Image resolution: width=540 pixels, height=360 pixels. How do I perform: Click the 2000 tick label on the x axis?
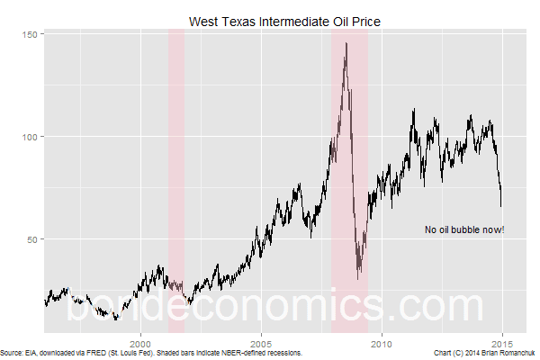click(x=140, y=342)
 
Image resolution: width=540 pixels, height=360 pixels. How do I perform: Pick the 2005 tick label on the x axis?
click(x=261, y=342)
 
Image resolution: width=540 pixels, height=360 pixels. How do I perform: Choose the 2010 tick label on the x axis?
click(x=382, y=342)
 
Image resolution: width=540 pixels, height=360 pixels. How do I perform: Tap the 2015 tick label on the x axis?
click(x=502, y=342)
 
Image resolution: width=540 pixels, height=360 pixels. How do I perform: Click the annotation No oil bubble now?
click(x=464, y=229)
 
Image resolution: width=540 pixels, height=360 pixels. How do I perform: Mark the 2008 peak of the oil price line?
click(x=346, y=43)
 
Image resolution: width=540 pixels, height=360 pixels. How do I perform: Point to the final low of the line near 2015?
click(x=501, y=206)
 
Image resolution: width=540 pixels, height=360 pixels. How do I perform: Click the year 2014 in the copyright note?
click(x=468, y=353)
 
